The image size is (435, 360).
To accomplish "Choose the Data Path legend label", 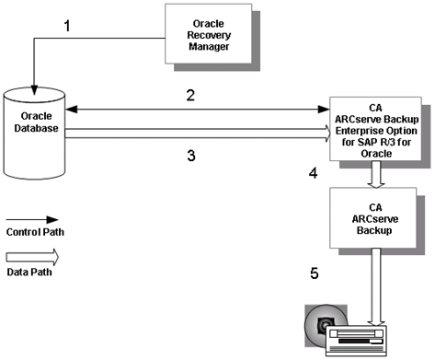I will click(x=27, y=273).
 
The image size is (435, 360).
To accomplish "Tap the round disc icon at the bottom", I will click(x=323, y=325).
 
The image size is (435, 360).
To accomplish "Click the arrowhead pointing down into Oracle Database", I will click(x=34, y=88).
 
